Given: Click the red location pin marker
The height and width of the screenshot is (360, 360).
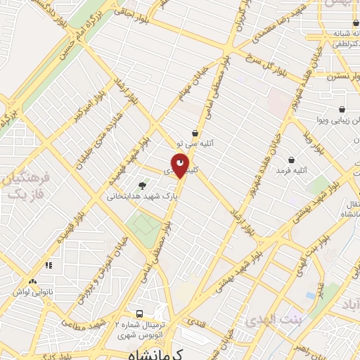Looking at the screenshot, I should coord(181,167).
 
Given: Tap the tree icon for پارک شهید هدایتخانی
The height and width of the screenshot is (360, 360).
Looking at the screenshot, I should coord(143,186).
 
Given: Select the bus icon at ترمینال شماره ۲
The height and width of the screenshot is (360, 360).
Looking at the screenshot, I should coord(139,314).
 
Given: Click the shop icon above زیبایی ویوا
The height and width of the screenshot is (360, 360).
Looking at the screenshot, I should coord(342,109).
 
